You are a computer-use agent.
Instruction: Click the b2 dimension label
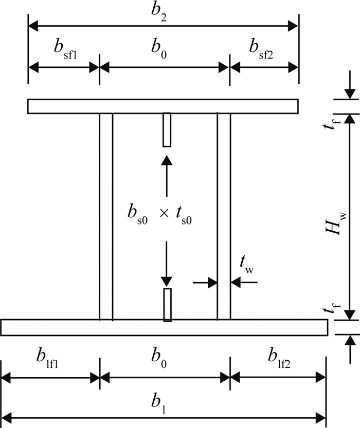click(x=159, y=13)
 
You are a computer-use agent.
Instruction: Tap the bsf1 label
click(x=65, y=50)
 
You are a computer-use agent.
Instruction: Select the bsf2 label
click(x=261, y=50)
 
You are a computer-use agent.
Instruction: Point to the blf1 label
click(x=47, y=359)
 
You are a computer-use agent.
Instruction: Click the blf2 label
click(x=279, y=359)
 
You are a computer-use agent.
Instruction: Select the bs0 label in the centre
click(x=138, y=215)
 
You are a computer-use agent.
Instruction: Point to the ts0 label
click(x=184, y=216)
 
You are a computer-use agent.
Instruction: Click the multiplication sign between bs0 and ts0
click(x=164, y=213)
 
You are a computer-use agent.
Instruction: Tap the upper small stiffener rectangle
click(x=167, y=130)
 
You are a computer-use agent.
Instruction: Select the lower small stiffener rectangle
click(x=168, y=305)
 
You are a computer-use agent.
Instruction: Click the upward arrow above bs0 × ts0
click(x=167, y=176)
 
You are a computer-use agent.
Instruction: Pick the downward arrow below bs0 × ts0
click(x=166, y=264)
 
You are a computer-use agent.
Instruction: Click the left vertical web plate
click(x=106, y=216)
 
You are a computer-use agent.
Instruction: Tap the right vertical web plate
click(x=224, y=216)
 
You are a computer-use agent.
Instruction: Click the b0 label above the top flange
click(x=159, y=50)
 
